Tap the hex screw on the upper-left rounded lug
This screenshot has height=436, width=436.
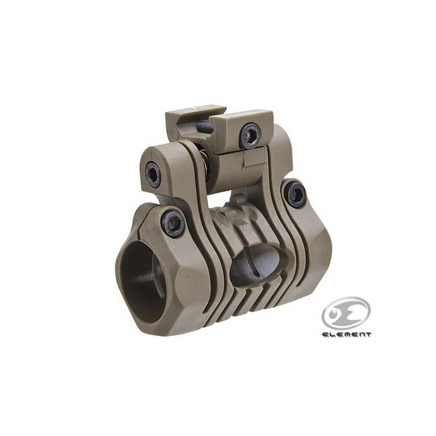pyautogui.click(x=153, y=174)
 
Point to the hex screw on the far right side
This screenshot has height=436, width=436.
pyautogui.click(x=296, y=194)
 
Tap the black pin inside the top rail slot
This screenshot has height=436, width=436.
pyautogui.click(x=205, y=128)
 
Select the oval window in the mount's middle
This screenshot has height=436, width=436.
pyautogui.click(x=258, y=264)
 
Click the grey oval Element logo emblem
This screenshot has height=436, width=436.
pyautogui.click(x=346, y=313)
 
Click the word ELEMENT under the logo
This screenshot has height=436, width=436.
pyautogui.click(x=346, y=335)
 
